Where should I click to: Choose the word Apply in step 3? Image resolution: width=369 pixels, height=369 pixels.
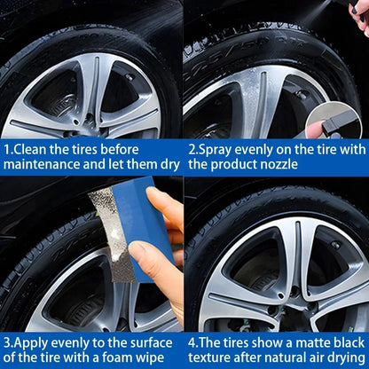[32, 339]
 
